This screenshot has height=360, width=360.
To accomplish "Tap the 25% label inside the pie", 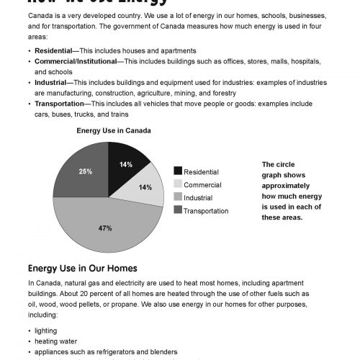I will tap(85, 171).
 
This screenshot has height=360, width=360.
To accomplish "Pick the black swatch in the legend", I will tap(177, 171).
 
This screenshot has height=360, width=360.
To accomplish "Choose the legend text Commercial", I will tap(202, 185).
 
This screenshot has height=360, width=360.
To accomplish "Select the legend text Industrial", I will tap(198, 197).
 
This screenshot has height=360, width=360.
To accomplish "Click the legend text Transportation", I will tap(206, 211).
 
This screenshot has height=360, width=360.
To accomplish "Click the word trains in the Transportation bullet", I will tap(117, 114).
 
